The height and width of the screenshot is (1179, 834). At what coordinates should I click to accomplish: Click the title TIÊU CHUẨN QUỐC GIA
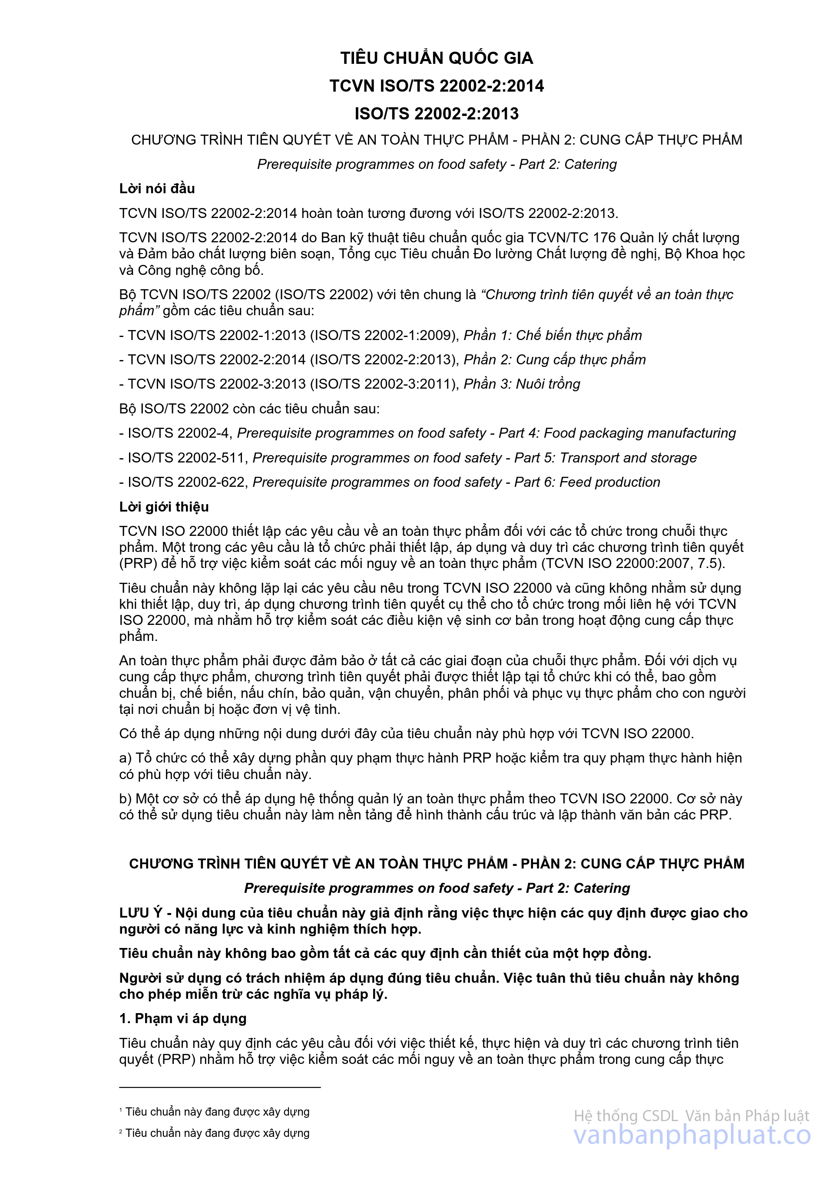[x=437, y=58]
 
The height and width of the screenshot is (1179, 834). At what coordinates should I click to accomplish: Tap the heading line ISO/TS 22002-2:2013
[x=437, y=113]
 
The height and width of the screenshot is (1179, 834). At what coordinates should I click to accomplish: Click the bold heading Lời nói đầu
[x=157, y=188]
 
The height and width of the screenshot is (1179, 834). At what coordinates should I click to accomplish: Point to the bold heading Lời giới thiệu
[x=164, y=507]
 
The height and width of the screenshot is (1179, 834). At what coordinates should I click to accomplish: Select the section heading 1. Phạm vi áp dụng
[x=183, y=1018]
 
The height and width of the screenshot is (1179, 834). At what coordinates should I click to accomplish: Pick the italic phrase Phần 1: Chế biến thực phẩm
[x=553, y=335]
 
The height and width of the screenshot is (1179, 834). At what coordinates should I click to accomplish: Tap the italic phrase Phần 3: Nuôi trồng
[x=522, y=384]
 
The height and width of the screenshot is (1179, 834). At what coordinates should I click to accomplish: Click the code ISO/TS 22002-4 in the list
[x=178, y=433]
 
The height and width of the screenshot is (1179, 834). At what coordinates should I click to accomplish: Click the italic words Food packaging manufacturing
[x=639, y=433]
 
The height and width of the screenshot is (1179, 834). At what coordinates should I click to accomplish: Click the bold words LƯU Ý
[x=141, y=912]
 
